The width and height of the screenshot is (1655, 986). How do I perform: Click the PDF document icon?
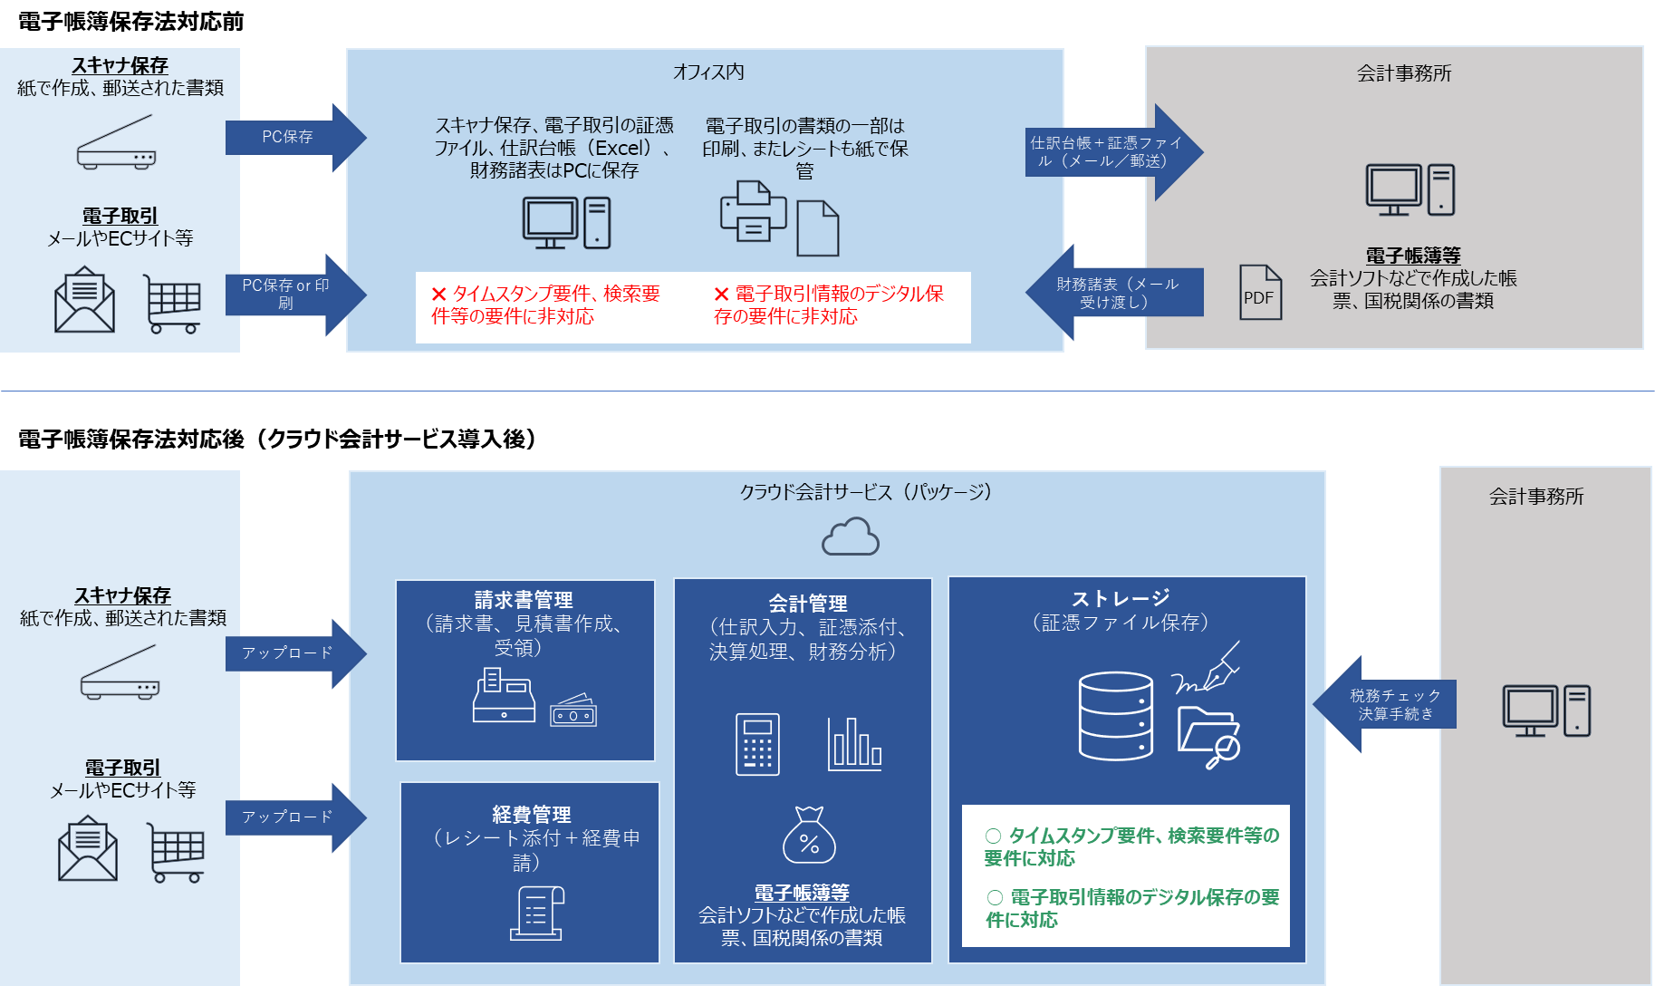tap(1260, 292)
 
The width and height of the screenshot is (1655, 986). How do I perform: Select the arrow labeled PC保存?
tap(294, 137)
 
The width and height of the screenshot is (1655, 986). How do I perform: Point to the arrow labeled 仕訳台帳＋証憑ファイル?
tap(1112, 152)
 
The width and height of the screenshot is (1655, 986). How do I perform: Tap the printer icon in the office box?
tap(752, 212)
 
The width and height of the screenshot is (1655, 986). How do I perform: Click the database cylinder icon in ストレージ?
tap(1115, 716)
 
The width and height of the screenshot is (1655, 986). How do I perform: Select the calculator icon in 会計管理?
tap(757, 744)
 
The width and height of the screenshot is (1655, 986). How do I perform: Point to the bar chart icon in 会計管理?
tap(854, 744)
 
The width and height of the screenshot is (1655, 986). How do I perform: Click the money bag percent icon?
tap(809, 836)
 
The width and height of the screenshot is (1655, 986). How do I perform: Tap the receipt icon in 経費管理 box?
tap(536, 913)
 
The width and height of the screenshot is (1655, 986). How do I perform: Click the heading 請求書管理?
tap(524, 600)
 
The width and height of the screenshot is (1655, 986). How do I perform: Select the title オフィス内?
tap(708, 72)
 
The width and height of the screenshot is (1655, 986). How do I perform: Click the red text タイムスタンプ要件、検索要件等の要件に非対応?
tap(545, 304)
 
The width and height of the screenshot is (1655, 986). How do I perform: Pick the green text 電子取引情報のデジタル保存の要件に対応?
tap(1132, 908)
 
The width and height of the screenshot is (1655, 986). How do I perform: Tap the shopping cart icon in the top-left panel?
tap(172, 304)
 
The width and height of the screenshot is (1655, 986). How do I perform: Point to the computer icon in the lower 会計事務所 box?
tap(1545, 710)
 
